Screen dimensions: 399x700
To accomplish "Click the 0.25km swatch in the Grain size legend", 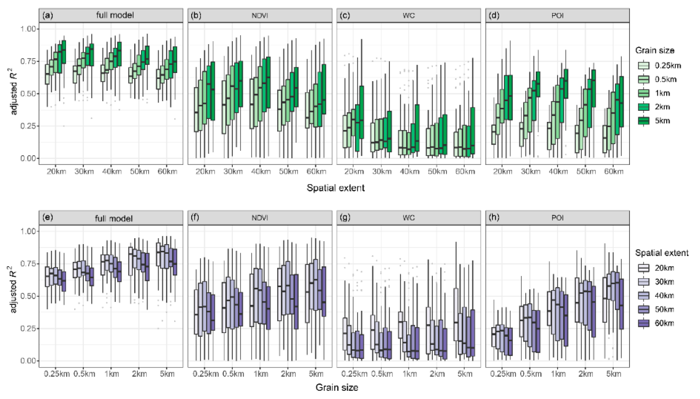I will coord(644,66).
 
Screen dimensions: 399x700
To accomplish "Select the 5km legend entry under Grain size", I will coord(644,121).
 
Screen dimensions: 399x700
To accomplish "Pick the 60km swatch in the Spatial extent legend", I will coord(644,323).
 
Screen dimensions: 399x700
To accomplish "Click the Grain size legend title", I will coord(654,50).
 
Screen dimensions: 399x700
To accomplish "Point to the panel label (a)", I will coord(48,15).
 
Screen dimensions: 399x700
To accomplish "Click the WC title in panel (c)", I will coord(408,16).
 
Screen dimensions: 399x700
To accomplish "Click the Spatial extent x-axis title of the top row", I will coord(336,188).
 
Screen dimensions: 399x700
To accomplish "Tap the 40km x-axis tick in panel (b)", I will coord(260,172).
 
